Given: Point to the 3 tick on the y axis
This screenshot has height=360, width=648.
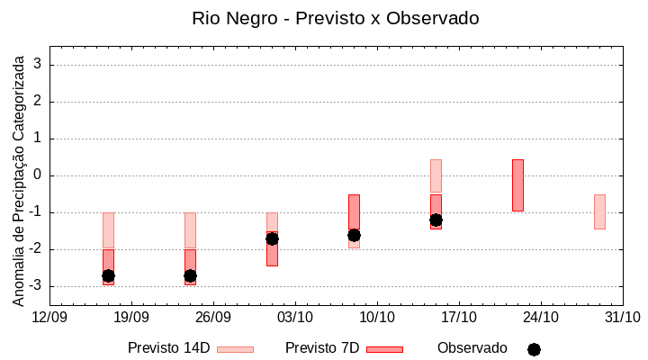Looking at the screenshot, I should (39, 65).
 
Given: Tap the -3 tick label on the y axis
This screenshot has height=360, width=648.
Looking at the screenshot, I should (35, 286).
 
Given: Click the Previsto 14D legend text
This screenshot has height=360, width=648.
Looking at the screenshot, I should (168, 348).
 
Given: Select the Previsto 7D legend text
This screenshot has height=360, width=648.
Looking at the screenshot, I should (322, 348).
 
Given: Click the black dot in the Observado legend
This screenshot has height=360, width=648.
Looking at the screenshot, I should (534, 349).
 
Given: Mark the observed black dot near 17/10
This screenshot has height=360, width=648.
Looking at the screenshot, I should (436, 220).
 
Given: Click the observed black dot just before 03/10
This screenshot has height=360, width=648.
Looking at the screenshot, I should (272, 238).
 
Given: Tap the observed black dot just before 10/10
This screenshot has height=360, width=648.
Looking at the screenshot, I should (354, 235).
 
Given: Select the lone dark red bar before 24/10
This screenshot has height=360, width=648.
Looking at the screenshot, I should (517, 185).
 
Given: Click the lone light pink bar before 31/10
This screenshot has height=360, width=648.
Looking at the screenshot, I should (599, 211).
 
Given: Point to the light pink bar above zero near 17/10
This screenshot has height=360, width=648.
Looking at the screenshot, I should (436, 175).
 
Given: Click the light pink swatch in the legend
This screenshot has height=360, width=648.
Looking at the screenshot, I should (235, 349).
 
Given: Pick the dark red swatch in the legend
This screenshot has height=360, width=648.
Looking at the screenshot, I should (384, 349).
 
